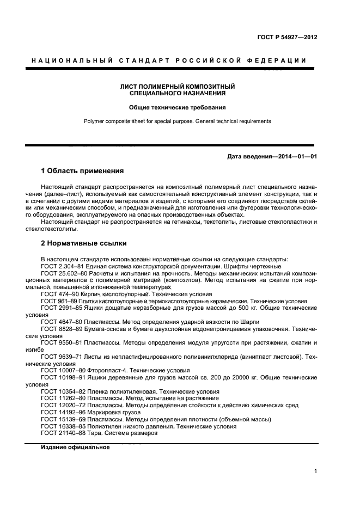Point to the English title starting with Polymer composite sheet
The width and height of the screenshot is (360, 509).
point(178,121)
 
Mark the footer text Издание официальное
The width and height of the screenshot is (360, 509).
point(75,447)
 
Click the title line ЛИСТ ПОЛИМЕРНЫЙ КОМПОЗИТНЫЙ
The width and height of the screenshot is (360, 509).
point(178,87)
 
